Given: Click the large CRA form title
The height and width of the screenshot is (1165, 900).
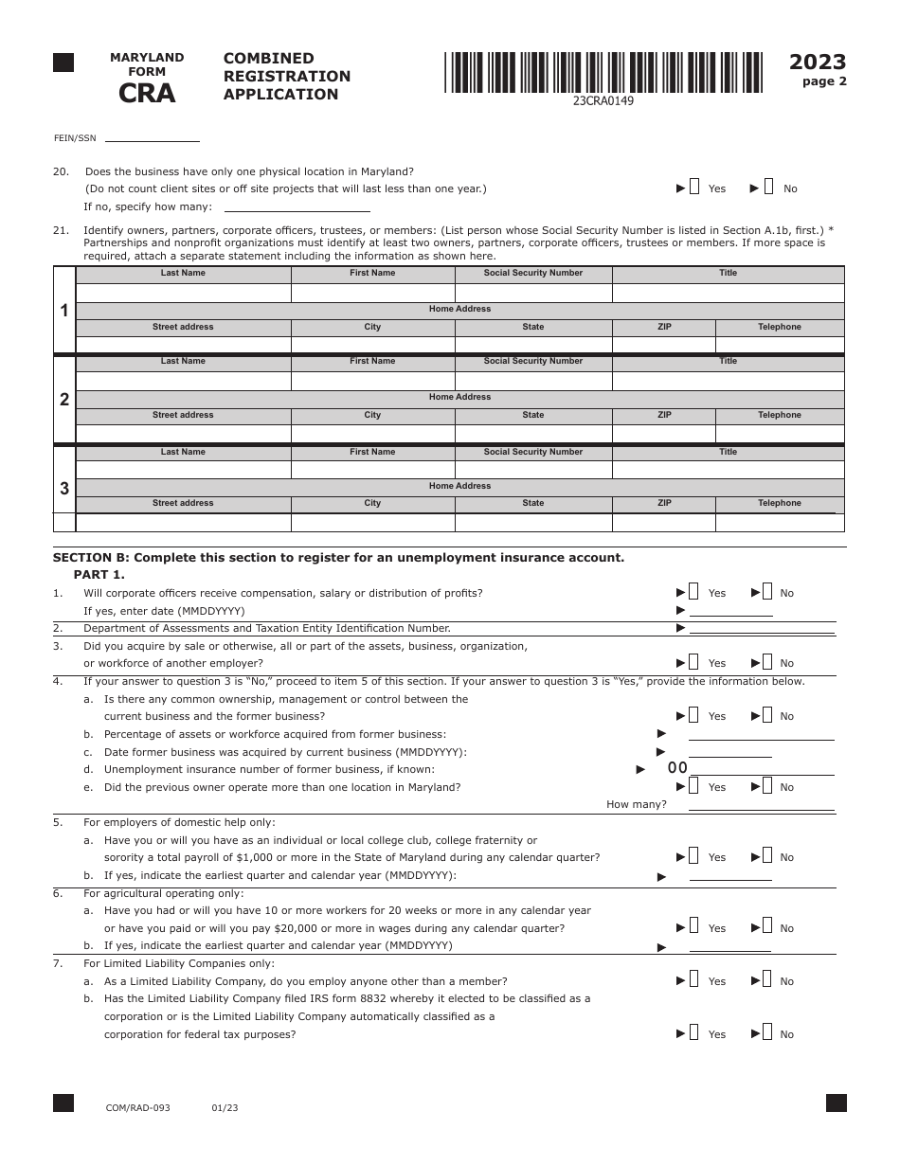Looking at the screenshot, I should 147,93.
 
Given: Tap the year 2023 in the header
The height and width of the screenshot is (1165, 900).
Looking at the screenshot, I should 818,63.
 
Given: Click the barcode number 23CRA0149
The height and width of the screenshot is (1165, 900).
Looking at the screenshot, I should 603,101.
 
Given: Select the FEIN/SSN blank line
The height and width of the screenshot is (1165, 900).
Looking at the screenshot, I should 152,137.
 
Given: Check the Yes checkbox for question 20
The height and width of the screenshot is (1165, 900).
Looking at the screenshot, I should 694,188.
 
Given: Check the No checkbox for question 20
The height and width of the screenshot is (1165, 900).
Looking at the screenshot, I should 768,188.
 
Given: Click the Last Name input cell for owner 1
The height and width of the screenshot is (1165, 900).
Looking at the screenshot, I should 183,293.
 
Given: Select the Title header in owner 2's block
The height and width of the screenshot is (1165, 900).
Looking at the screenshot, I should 728,361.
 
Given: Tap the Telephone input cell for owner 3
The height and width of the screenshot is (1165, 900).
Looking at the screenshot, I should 779,523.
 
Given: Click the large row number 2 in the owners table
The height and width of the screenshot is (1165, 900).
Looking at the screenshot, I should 64,400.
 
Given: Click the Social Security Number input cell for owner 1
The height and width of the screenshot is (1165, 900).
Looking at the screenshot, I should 533,293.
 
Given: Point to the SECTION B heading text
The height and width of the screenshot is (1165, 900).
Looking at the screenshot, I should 338,557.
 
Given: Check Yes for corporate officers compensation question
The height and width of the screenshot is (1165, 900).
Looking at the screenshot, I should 694,592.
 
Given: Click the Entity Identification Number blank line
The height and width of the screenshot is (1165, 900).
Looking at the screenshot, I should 762,628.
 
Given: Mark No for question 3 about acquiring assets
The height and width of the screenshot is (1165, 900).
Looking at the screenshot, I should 768,662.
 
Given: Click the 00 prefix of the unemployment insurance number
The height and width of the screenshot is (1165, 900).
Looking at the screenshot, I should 677,768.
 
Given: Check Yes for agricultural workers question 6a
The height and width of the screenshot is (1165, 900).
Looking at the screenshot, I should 694,927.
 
